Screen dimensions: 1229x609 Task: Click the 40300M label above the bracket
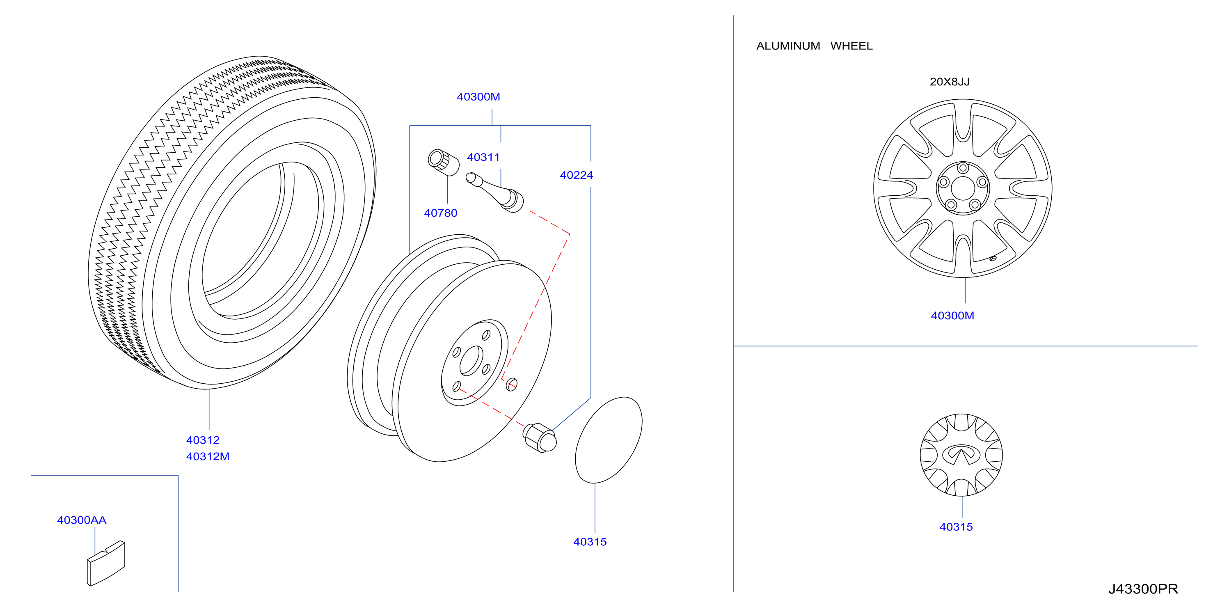(478, 97)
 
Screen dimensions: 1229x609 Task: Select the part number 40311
(483, 158)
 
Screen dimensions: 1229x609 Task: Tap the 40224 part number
(576, 175)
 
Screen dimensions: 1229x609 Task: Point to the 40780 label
(440, 213)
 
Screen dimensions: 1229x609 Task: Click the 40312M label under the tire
(208, 457)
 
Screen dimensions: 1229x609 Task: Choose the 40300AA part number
(82, 520)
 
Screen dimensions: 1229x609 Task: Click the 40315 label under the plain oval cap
(590, 542)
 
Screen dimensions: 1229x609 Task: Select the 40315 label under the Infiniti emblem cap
(956, 527)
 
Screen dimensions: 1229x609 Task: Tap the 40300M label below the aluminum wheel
(952, 316)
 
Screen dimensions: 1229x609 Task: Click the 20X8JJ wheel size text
(950, 82)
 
